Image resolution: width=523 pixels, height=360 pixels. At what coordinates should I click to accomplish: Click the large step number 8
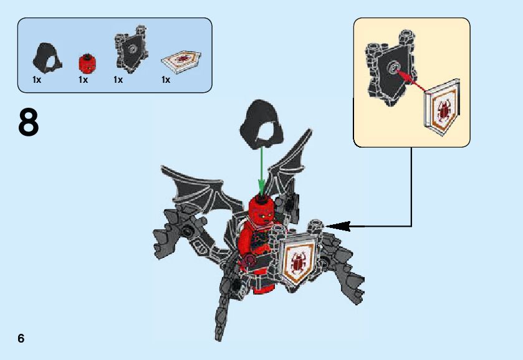[28, 123]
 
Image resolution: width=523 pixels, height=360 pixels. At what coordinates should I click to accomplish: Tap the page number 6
[21, 338]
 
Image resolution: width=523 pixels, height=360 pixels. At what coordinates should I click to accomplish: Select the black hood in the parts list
[44, 57]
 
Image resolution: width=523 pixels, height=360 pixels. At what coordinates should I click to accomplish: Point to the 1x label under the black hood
[37, 80]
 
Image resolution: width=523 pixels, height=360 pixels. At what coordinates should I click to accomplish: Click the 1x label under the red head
[83, 80]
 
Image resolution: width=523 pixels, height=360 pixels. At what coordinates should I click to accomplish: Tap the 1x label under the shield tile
[166, 80]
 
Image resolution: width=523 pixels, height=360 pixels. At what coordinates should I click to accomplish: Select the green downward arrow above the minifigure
[262, 171]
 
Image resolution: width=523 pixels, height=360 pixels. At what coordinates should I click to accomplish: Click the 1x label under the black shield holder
[118, 80]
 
